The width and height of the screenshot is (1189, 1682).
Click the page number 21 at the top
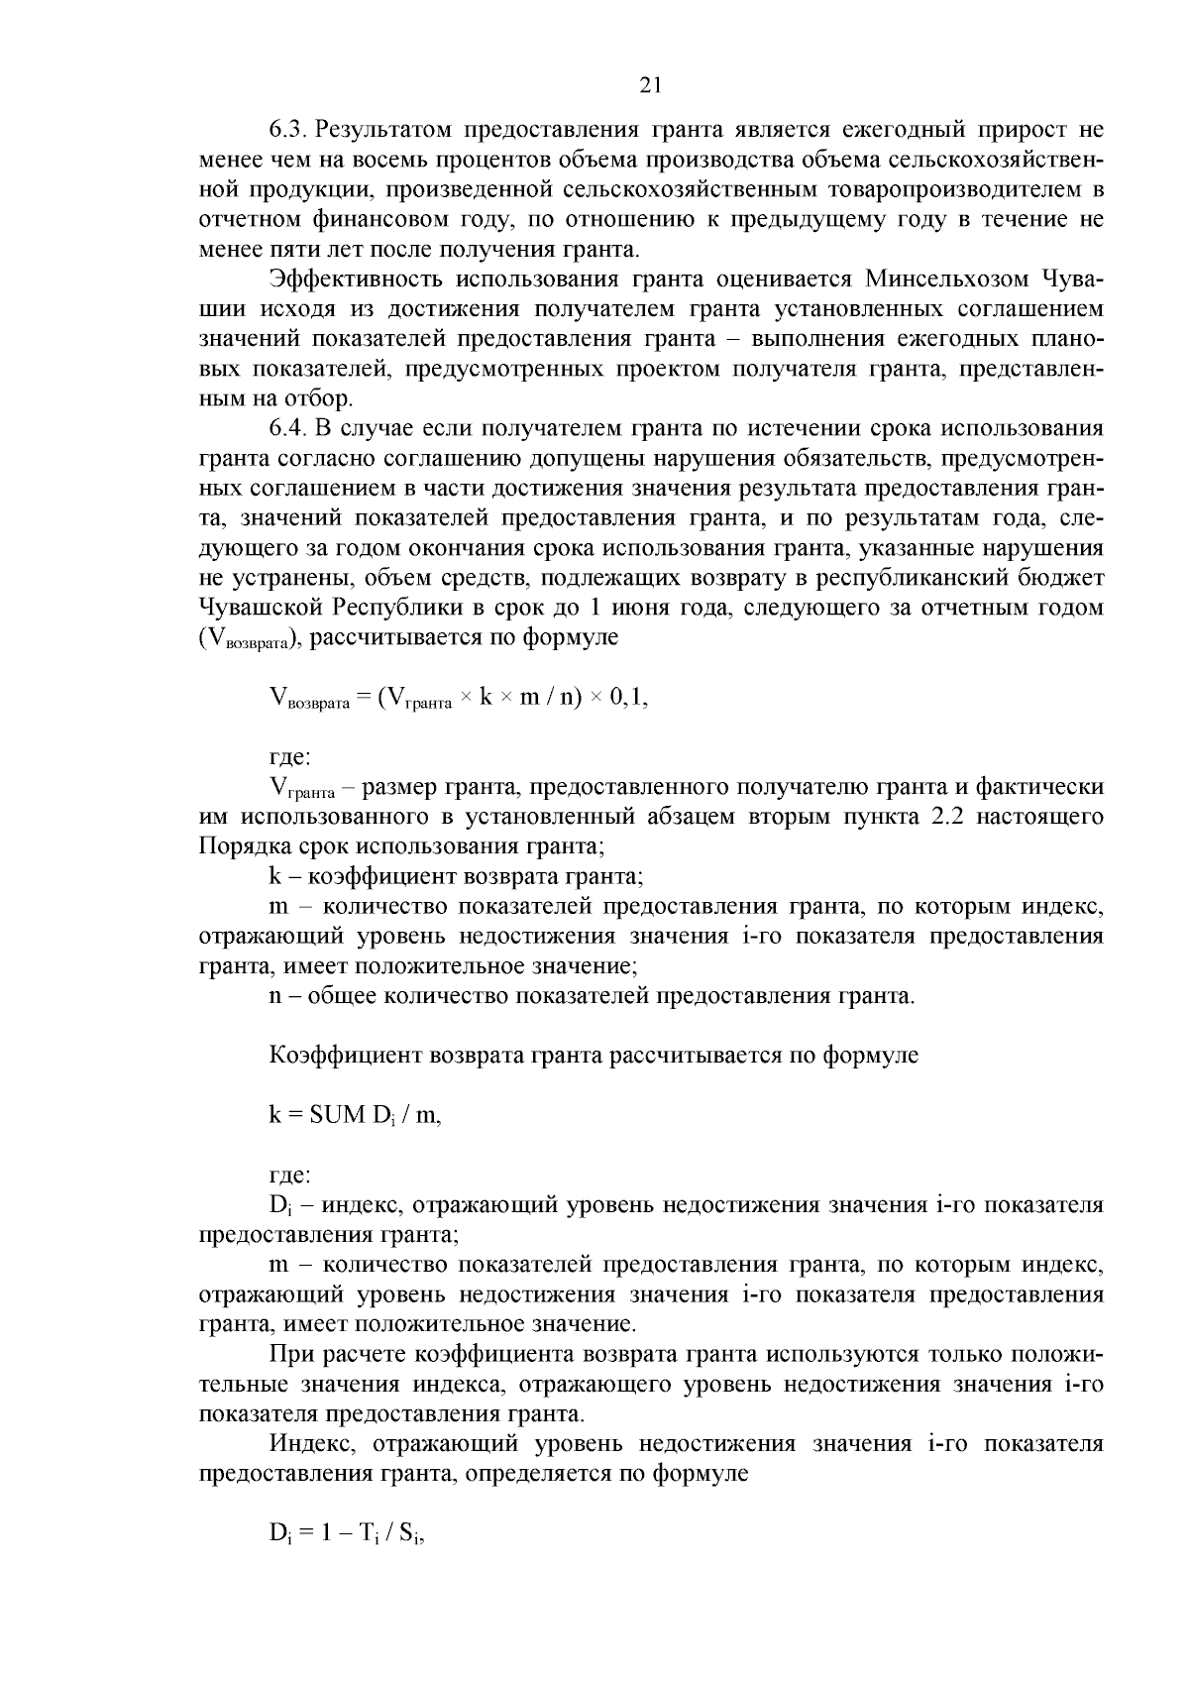click(x=651, y=85)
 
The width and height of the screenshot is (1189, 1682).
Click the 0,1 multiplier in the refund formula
click(x=627, y=698)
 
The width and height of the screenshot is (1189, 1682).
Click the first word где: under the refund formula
click(x=290, y=758)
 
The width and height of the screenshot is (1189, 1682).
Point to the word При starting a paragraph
click(x=287, y=1355)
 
